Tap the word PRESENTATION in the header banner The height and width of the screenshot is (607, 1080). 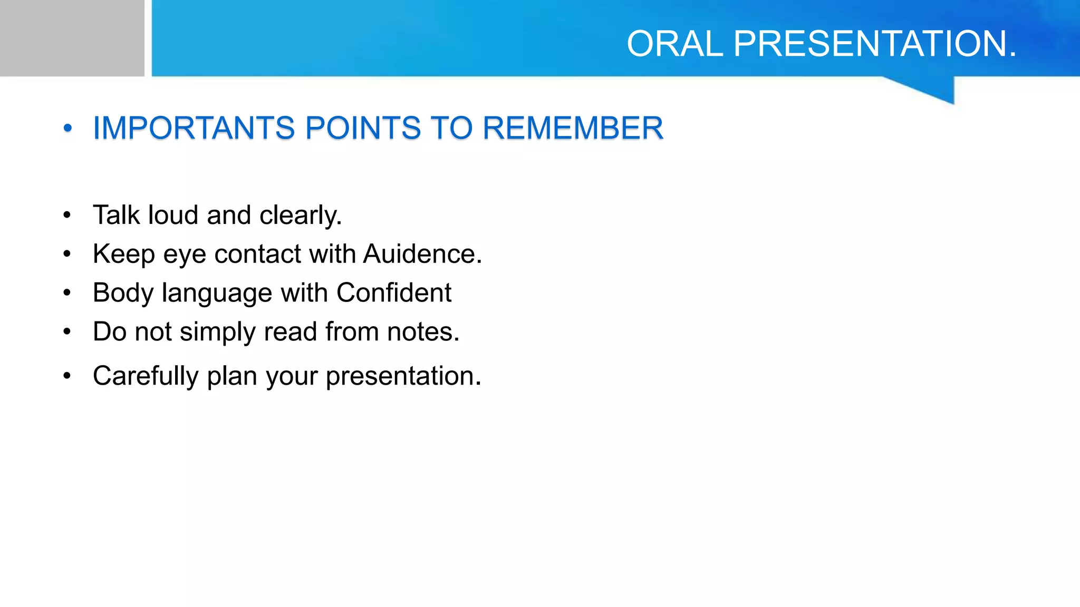[874, 44]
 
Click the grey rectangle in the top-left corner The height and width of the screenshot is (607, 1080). [72, 38]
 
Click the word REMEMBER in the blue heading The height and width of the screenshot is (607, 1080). [573, 128]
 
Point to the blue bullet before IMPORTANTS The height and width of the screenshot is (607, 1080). [67, 128]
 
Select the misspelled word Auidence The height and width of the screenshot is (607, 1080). [422, 254]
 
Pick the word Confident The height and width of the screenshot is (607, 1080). [394, 292]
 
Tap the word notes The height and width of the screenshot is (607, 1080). [423, 332]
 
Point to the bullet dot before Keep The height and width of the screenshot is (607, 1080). [67, 254]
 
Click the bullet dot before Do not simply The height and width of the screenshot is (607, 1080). [67, 332]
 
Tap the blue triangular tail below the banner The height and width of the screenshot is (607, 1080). [933, 89]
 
